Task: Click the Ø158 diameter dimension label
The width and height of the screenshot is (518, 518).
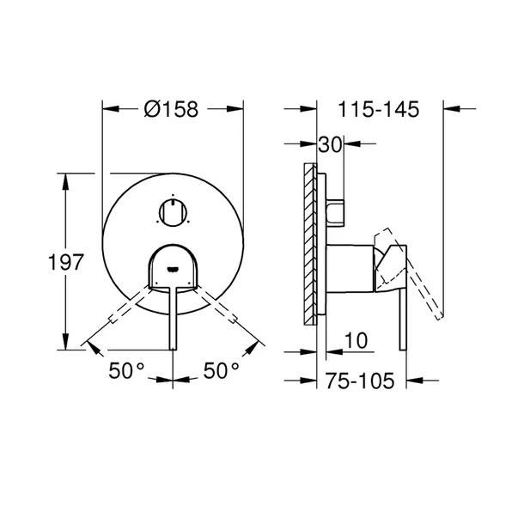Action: tap(171, 109)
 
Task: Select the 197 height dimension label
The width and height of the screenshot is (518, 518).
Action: tap(65, 262)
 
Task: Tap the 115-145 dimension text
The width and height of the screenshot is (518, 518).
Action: tap(378, 109)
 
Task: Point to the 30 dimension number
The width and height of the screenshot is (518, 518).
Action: tap(330, 144)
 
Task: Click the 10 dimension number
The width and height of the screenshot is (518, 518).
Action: tap(356, 340)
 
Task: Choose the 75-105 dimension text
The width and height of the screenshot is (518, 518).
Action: tap(360, 381)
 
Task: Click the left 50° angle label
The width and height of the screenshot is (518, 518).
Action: tap(126, 370)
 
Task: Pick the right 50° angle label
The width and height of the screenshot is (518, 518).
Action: tap(221, 370)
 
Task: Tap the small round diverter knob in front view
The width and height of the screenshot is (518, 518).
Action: tap(174, 212)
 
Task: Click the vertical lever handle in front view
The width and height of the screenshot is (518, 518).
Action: tap(174, 318)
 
